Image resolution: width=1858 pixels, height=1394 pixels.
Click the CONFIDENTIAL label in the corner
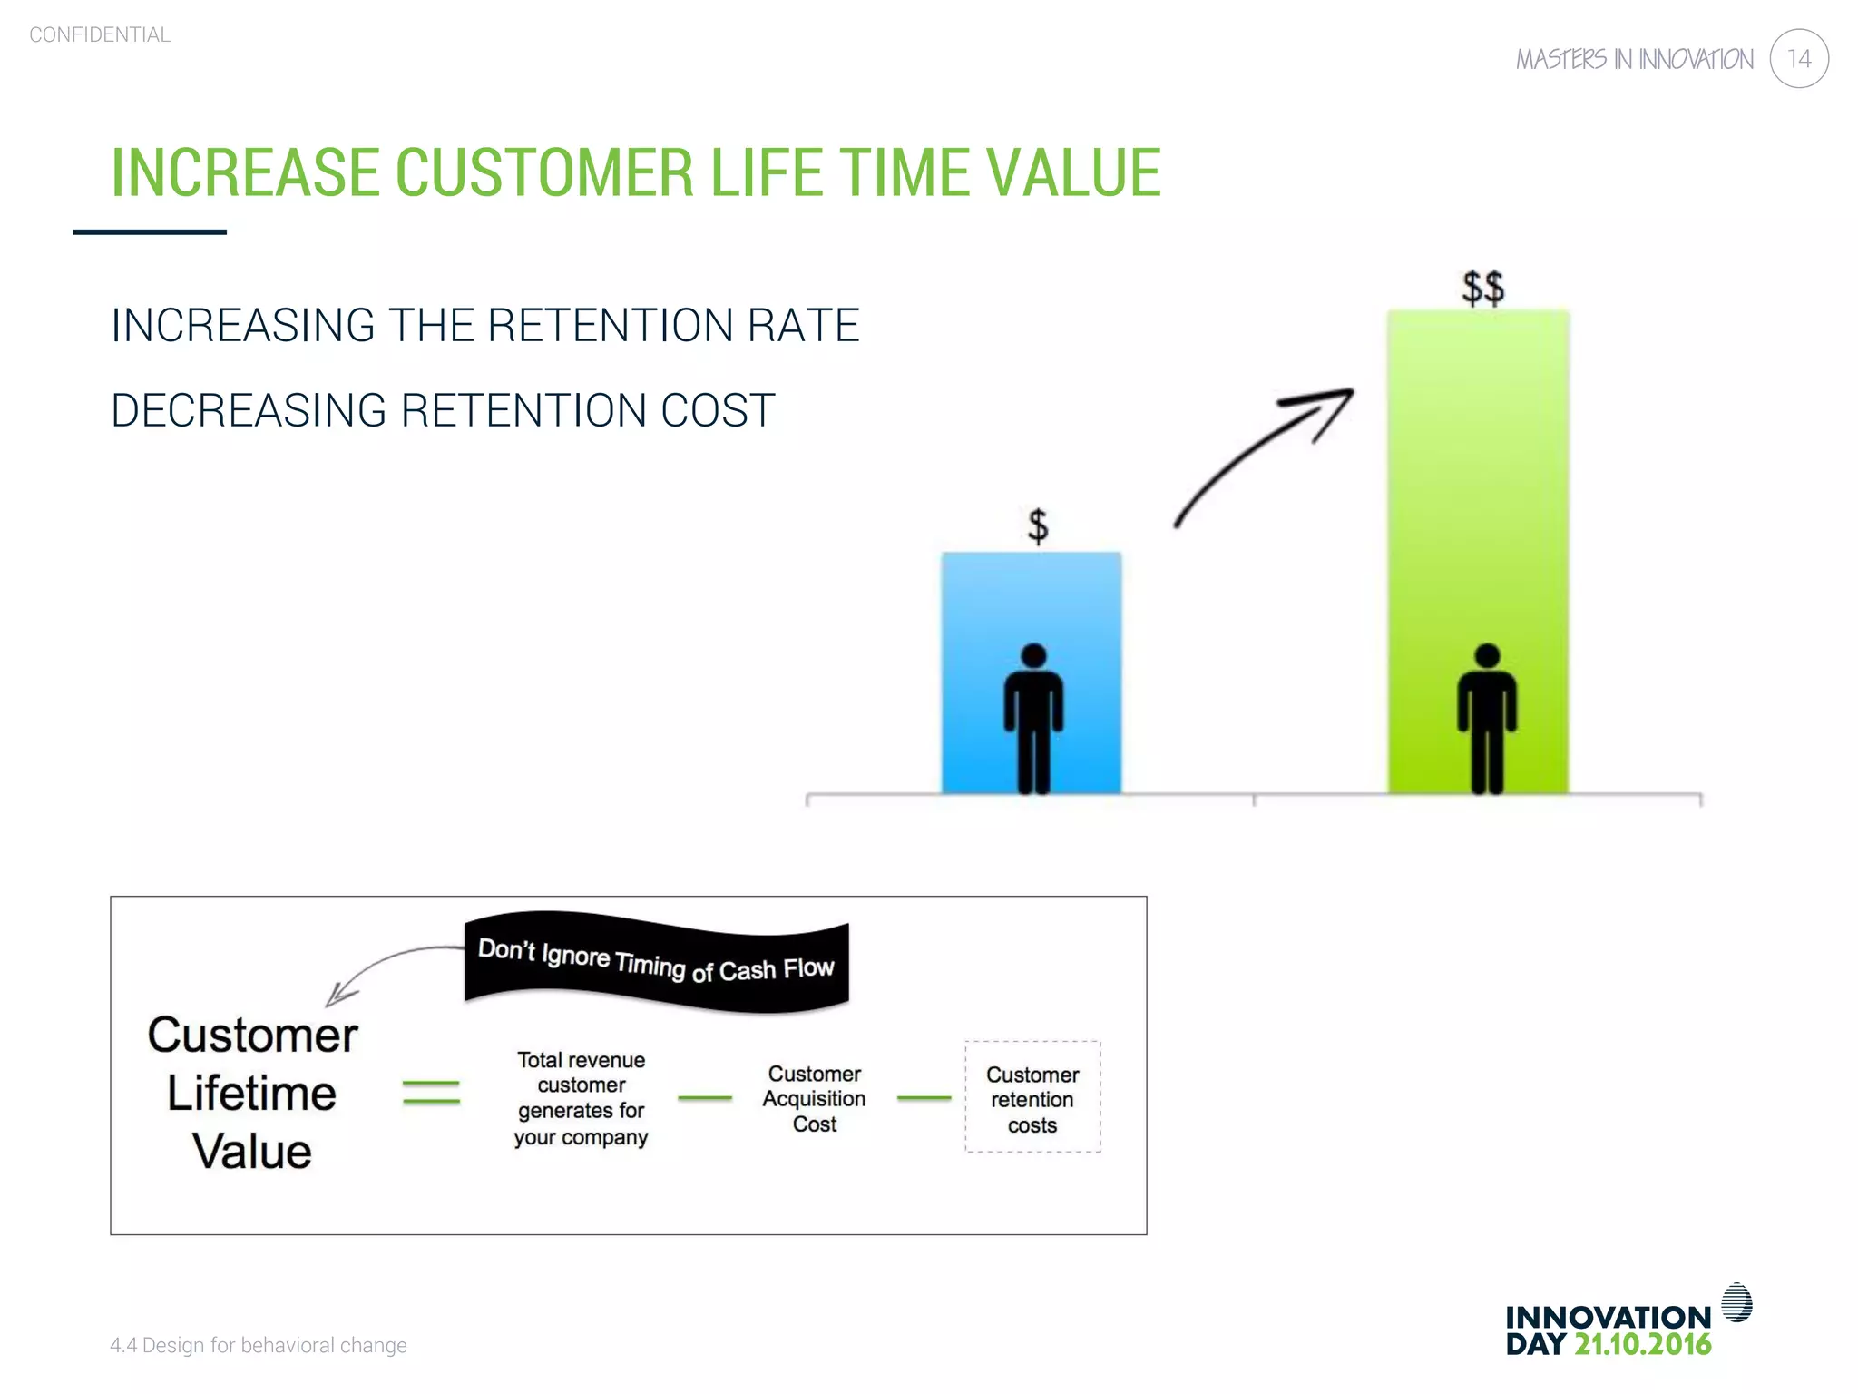point(100,34)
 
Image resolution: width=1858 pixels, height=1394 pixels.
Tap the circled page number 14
point(1798,59)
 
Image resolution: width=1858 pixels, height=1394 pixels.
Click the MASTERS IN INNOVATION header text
point(1634,60)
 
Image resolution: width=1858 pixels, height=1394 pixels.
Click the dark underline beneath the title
point(150,232)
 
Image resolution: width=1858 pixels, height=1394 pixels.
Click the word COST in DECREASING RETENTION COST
point(718,410)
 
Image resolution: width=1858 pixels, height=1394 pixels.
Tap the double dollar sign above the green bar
point(1482,288)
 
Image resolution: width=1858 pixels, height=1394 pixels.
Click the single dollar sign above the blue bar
point(1037,525)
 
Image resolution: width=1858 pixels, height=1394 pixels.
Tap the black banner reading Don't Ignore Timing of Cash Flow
point(656,962)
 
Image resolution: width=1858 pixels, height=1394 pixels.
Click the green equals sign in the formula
point(431,1092)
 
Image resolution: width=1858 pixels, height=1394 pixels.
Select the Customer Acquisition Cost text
point(814,1098)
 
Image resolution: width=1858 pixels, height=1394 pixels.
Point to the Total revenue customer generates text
point(581,1098)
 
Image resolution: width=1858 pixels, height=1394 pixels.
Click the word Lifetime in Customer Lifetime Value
point(251,1094)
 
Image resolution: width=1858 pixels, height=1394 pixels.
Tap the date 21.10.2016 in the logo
point(1642,1344)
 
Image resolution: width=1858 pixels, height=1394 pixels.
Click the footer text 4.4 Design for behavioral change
point(259,1345)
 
